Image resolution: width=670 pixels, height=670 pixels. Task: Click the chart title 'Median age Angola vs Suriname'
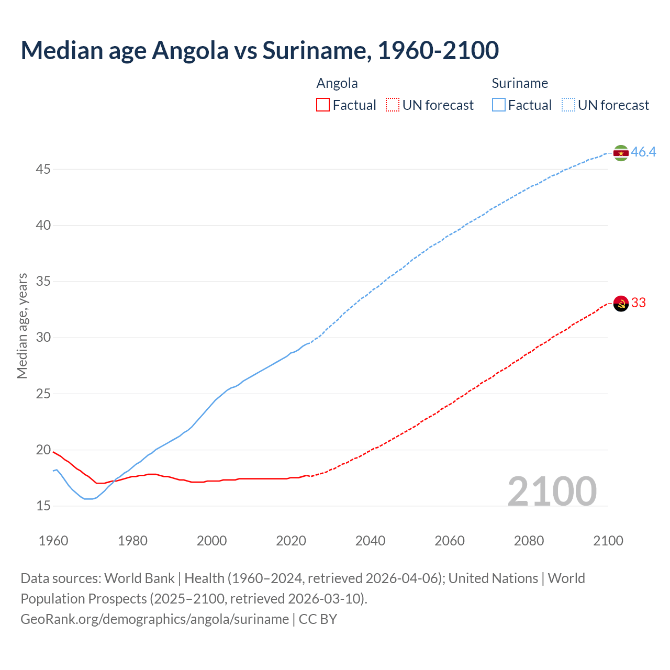click(x=260, y=50)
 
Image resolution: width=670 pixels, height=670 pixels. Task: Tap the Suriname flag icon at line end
click(x=621, y=153)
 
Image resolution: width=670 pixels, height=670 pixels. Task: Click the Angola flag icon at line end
click(x=621, y=303)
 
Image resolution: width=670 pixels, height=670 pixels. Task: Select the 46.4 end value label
click(x=643, y=152)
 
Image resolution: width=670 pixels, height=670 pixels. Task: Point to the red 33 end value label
click(x=639, y=303)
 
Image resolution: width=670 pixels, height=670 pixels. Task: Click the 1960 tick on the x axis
click(x=53, y=541)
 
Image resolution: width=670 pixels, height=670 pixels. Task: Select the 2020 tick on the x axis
click(x=291, y=541)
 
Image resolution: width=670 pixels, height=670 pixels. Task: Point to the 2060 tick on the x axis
click(x=450, y=541)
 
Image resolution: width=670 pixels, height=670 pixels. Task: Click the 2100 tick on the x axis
click(x=608, y=541)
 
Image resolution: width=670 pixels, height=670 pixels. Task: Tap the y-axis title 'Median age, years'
click(x=22, y=326)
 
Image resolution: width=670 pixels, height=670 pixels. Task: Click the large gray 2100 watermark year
click(x=552, y=491)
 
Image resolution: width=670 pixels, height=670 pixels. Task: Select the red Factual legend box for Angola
click(x=323, y=105)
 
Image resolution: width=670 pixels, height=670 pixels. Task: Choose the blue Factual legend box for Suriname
click(x=499, y=105)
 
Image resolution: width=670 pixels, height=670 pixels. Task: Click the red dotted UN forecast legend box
click(x=393, y=105)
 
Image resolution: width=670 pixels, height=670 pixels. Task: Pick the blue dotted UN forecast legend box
click(x=568, y=105)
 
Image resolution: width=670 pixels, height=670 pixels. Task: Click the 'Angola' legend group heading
click(x=337, y=83)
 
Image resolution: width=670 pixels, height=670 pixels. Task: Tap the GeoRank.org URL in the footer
click(x=154, y=619)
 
